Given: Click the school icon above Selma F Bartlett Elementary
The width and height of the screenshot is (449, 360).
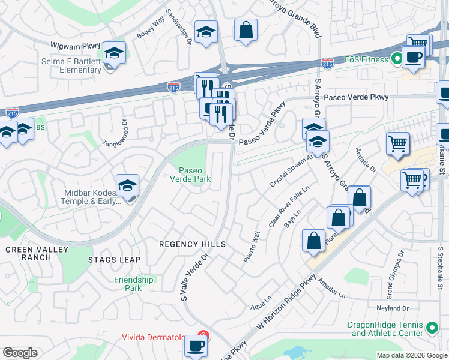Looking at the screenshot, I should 114,53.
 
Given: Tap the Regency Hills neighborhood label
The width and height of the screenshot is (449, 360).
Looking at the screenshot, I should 192,244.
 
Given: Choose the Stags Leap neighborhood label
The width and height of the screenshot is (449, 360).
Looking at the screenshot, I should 114,260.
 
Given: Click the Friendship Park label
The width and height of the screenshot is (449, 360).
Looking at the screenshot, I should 134,283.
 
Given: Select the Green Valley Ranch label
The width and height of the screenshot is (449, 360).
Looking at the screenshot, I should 28,253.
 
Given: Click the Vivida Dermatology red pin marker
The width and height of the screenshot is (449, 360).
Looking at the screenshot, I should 203,337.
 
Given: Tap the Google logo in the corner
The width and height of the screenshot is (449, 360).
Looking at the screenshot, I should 20,353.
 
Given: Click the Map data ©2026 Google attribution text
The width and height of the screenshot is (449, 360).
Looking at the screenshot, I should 411,355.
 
